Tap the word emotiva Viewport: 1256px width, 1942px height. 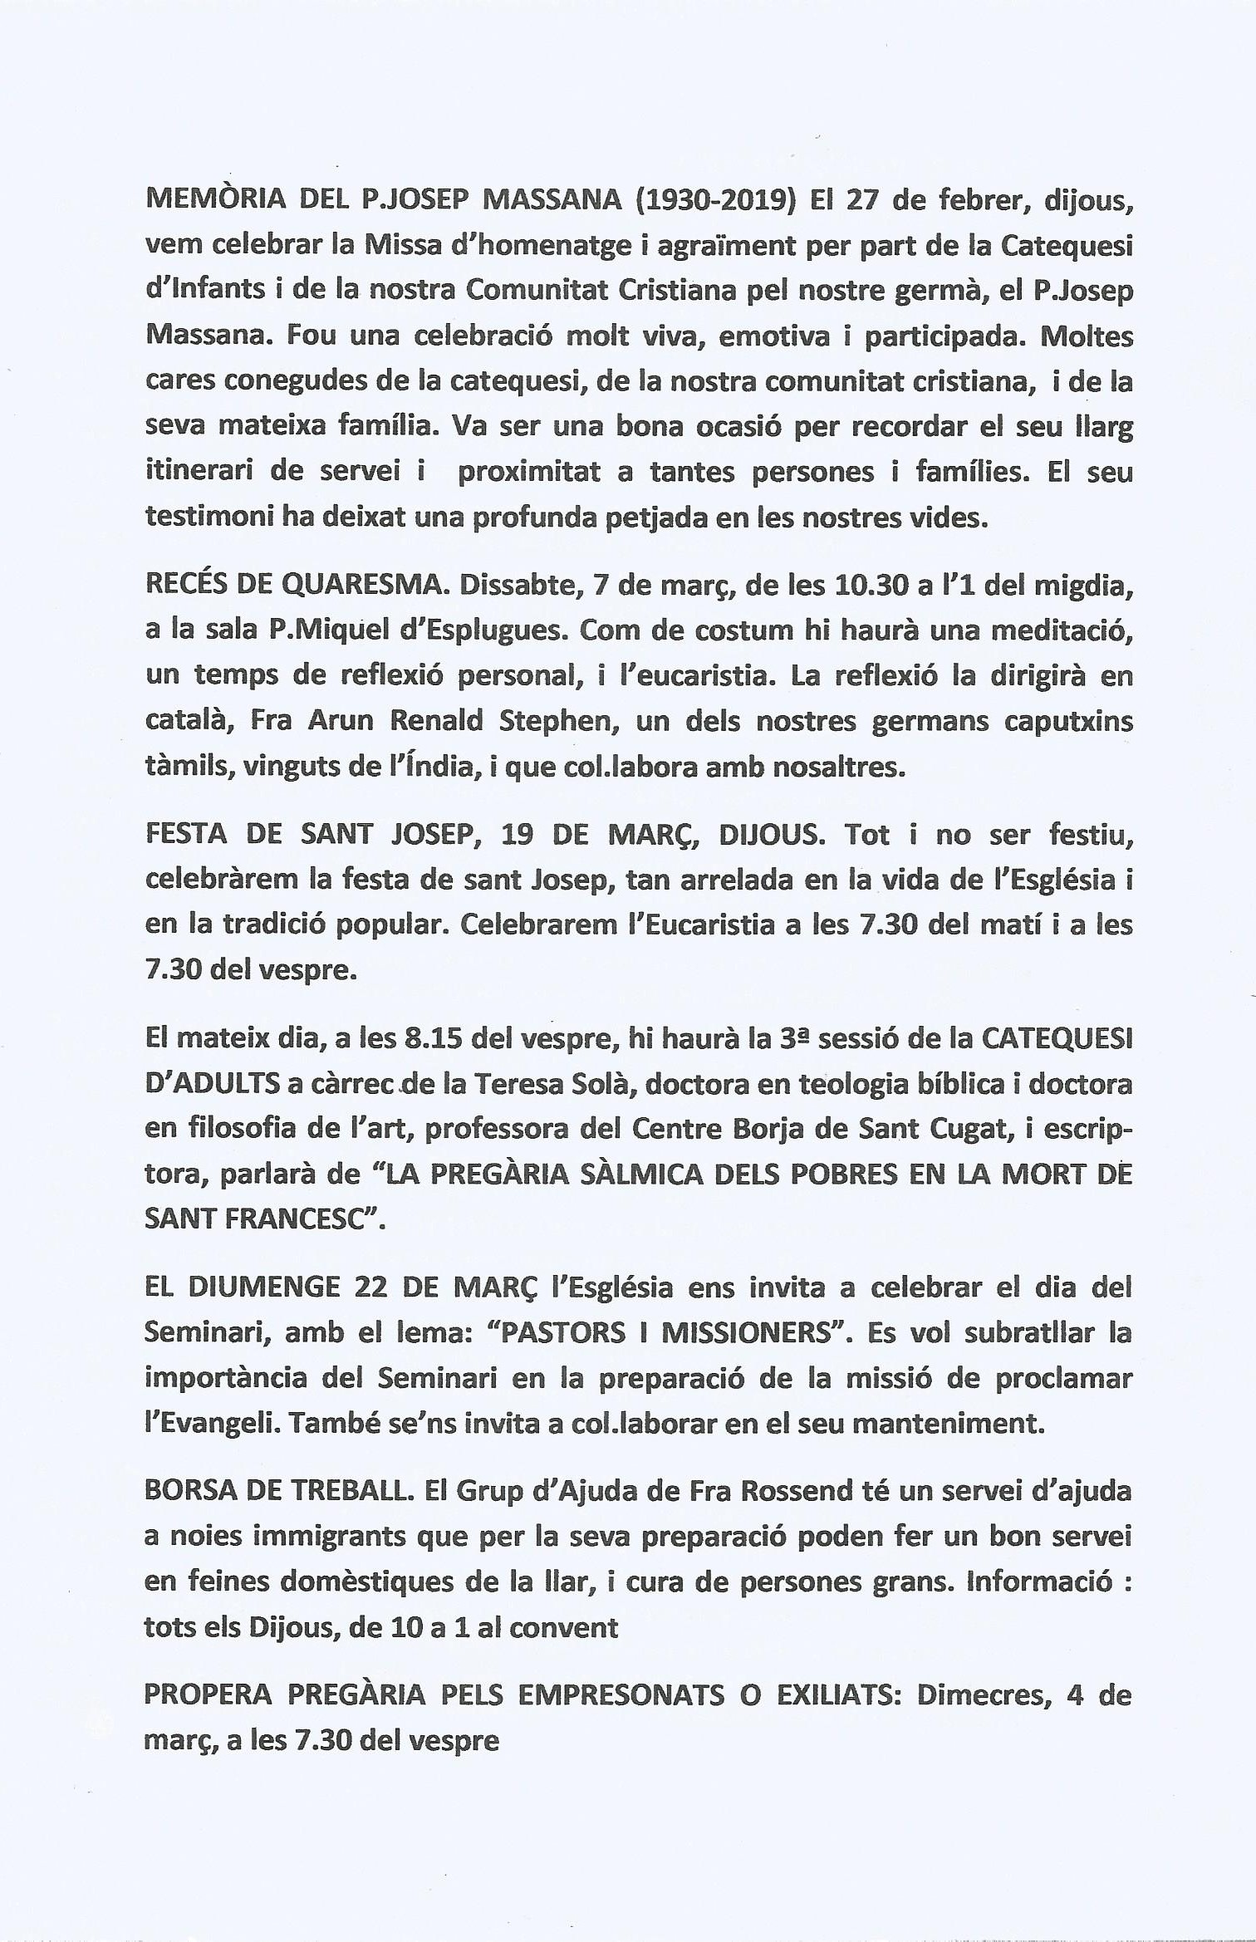point(774,336)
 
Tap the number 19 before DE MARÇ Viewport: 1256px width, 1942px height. point(518,833)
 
